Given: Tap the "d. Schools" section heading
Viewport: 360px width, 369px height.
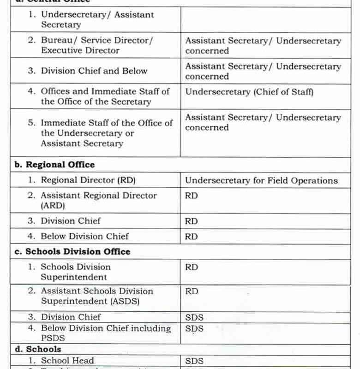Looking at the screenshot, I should (x=38, y=349).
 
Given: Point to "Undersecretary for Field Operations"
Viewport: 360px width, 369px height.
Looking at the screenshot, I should (x=261, y=180).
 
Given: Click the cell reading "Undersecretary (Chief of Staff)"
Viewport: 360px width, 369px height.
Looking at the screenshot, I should (x=249, y=92).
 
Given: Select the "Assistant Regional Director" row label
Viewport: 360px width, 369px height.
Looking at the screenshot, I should (x=99, y=195).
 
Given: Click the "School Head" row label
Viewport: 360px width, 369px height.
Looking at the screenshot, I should (x=67, y=361).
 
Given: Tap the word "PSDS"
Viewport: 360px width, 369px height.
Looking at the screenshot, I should (x=54, y=339).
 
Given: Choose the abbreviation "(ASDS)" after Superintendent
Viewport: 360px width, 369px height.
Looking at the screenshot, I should (x=123, y=301).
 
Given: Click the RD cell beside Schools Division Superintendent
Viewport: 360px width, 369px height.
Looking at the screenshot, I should (x=192, y=267).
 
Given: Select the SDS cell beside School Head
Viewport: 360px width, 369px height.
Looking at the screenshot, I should (x=194, y=361).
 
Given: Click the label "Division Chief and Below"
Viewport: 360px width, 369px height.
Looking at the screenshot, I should (x=94, y=71).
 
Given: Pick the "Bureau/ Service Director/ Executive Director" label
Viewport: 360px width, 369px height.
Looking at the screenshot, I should (x=97, y=45).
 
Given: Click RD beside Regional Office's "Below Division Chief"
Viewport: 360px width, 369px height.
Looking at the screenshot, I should (x=192, y=237).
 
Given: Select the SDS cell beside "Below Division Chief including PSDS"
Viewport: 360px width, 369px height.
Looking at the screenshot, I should (x=194, y=329).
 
